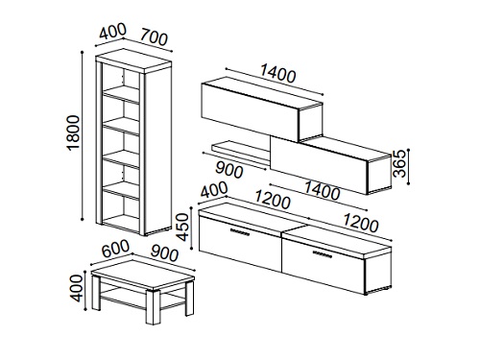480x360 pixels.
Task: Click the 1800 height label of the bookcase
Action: (x=73, y=132)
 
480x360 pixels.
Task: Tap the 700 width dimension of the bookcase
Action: (x=154, y=36)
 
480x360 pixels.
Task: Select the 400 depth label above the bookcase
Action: (x=112, y=32)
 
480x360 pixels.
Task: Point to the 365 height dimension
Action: (x=399, y=163)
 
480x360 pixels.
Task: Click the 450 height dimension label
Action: (x=183, y=227)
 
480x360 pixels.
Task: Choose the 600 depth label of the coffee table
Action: (x=115, y=249)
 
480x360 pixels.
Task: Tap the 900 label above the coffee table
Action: (x=164, y=252)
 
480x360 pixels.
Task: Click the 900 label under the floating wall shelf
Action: (x=229, y=169)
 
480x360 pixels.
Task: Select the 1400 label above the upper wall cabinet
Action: (x=277, y=73)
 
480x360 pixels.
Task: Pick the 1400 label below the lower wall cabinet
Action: (x=322, y=191)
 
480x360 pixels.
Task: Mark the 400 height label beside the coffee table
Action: (x=77, y=288)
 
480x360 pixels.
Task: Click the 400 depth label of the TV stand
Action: (x=214, y=190)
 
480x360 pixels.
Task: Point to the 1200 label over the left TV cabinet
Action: (x=273, y=201)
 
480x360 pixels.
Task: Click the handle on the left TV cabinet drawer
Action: (x=239, y=231)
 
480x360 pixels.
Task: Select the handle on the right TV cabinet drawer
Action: (x=322, y=253)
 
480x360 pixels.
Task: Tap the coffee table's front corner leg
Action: (x=153, y=307)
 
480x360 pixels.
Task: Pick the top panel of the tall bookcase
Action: (x=133, y=60)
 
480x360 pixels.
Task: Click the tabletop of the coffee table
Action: (x=143, y=275)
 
